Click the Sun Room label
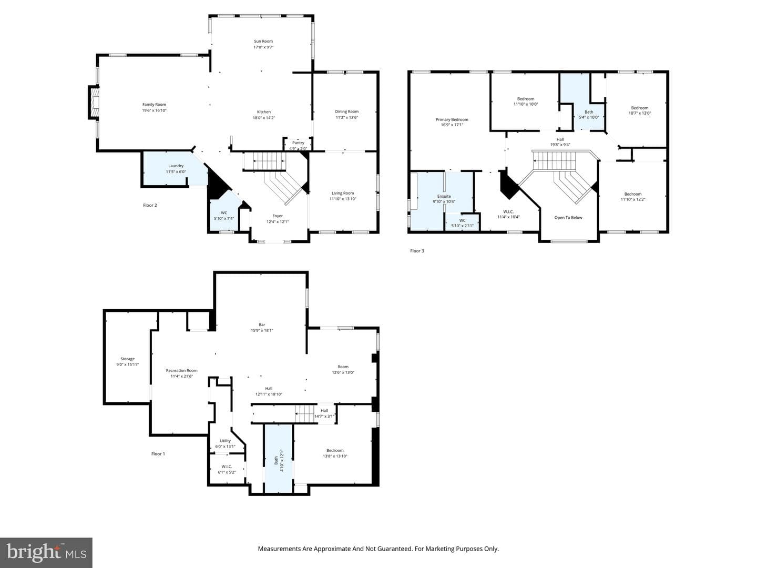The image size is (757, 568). point(263,41)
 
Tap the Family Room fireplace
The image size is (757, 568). point(94,103)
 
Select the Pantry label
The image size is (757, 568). point(298,143)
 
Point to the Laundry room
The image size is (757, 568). point(176,168)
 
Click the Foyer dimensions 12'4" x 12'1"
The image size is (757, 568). point(278,222)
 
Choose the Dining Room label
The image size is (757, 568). point(346,111)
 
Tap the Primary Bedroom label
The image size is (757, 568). point(452,119)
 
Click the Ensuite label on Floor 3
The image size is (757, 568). point(444,196)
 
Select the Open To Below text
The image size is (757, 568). point(568,218)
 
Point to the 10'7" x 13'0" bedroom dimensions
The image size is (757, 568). point(640,113)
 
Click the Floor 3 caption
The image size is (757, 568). point(417,251)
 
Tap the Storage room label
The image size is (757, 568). point(127,359)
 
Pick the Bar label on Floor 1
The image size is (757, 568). point(262,324)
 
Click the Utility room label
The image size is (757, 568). point(225,441)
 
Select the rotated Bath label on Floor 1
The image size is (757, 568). point(276,460)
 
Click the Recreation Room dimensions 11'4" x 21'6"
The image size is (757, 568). point(182,376)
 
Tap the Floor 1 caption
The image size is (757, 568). point(158,454)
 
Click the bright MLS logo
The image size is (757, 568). point(46,552)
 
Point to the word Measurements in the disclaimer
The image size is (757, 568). point(280,549)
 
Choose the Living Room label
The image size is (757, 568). point(342,193)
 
